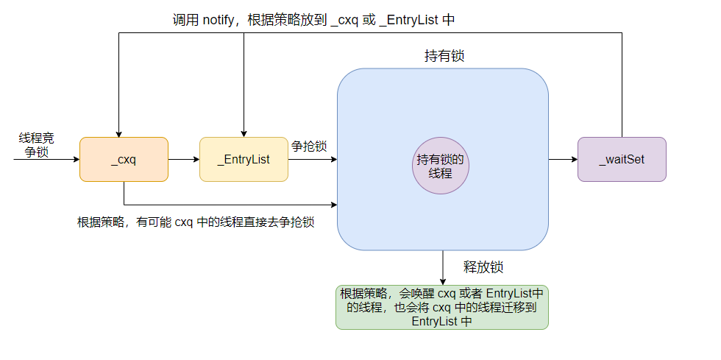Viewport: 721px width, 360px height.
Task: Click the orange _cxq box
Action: click(124, 159)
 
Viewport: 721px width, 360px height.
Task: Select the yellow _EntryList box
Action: click(244, 159)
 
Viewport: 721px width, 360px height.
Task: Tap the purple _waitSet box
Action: click(622, 159)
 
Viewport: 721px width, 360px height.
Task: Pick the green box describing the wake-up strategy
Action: click(442, 307)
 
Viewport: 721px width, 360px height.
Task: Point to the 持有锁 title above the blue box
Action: click(444, 57)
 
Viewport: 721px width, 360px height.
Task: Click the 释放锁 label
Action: click(483, 267)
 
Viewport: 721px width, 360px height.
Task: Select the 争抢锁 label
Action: click(309, 146)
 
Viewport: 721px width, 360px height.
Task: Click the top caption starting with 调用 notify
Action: click(313, 20)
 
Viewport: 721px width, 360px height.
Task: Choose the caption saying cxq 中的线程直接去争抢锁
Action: click(196, 222)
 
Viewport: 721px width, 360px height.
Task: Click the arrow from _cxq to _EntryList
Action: click(184, 159)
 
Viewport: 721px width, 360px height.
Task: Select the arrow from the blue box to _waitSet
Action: click(563, 159)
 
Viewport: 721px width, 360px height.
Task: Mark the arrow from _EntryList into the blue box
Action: click(312, 159)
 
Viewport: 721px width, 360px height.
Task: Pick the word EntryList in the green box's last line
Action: click(434, 322)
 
